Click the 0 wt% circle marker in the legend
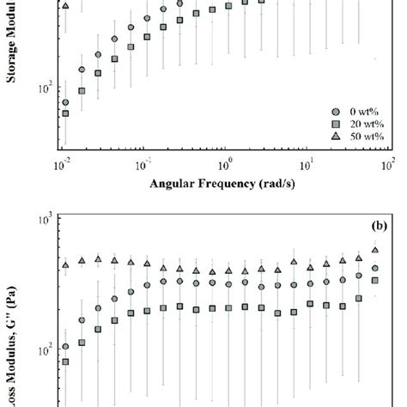(337, 112)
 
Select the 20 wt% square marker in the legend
(337, 124)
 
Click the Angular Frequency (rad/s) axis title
(225, 182)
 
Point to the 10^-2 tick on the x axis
(62, 164)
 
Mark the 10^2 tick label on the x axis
(388, 164)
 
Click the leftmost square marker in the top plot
(65, 113)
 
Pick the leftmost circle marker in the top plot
(65, 102)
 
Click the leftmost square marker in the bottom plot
(65, 362)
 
